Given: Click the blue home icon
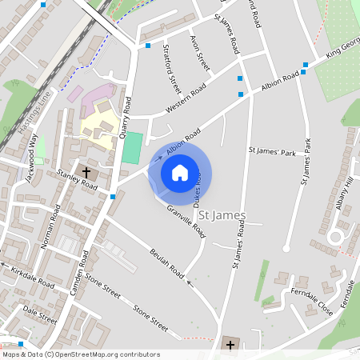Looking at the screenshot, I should [180, 172].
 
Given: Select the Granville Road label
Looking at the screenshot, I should [186, 222].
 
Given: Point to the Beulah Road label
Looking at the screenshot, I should [166, 264].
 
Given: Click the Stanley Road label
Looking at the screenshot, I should [77, 179].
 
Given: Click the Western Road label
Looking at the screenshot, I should [186, 98].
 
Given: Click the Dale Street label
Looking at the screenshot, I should [40, 313].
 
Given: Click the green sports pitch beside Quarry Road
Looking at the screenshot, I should [133, 146].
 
